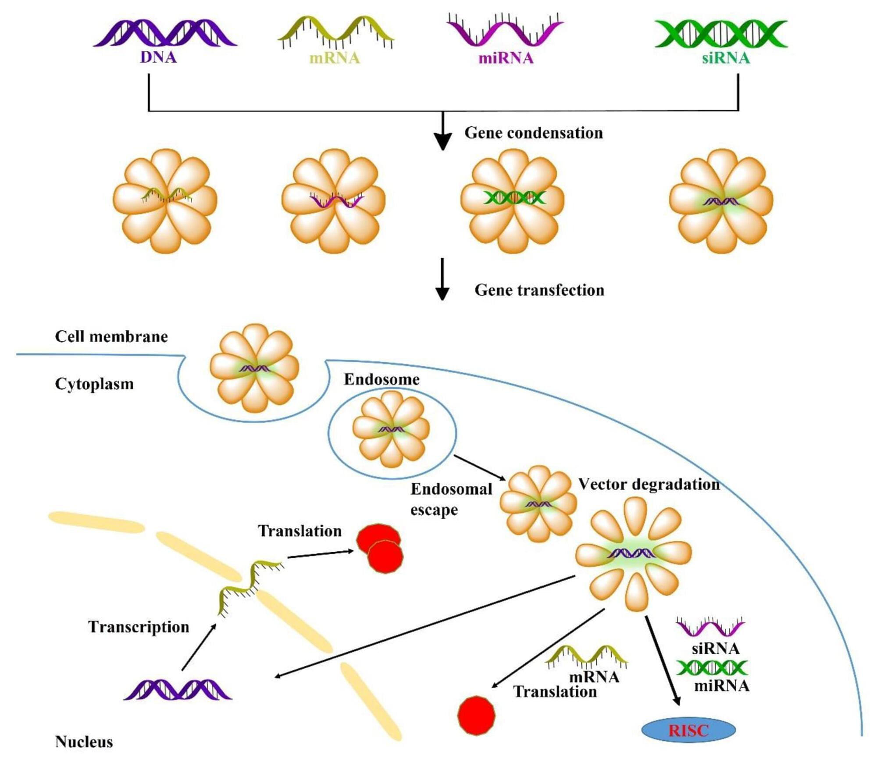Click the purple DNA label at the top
158,57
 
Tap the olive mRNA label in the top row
335,58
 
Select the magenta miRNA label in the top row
506,58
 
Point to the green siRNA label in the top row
726,58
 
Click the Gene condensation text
534,133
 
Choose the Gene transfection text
539,290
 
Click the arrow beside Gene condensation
443,132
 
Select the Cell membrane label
111,336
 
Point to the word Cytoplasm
94,384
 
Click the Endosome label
381,379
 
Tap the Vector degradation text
649,484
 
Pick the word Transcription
139,627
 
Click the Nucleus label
84,742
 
